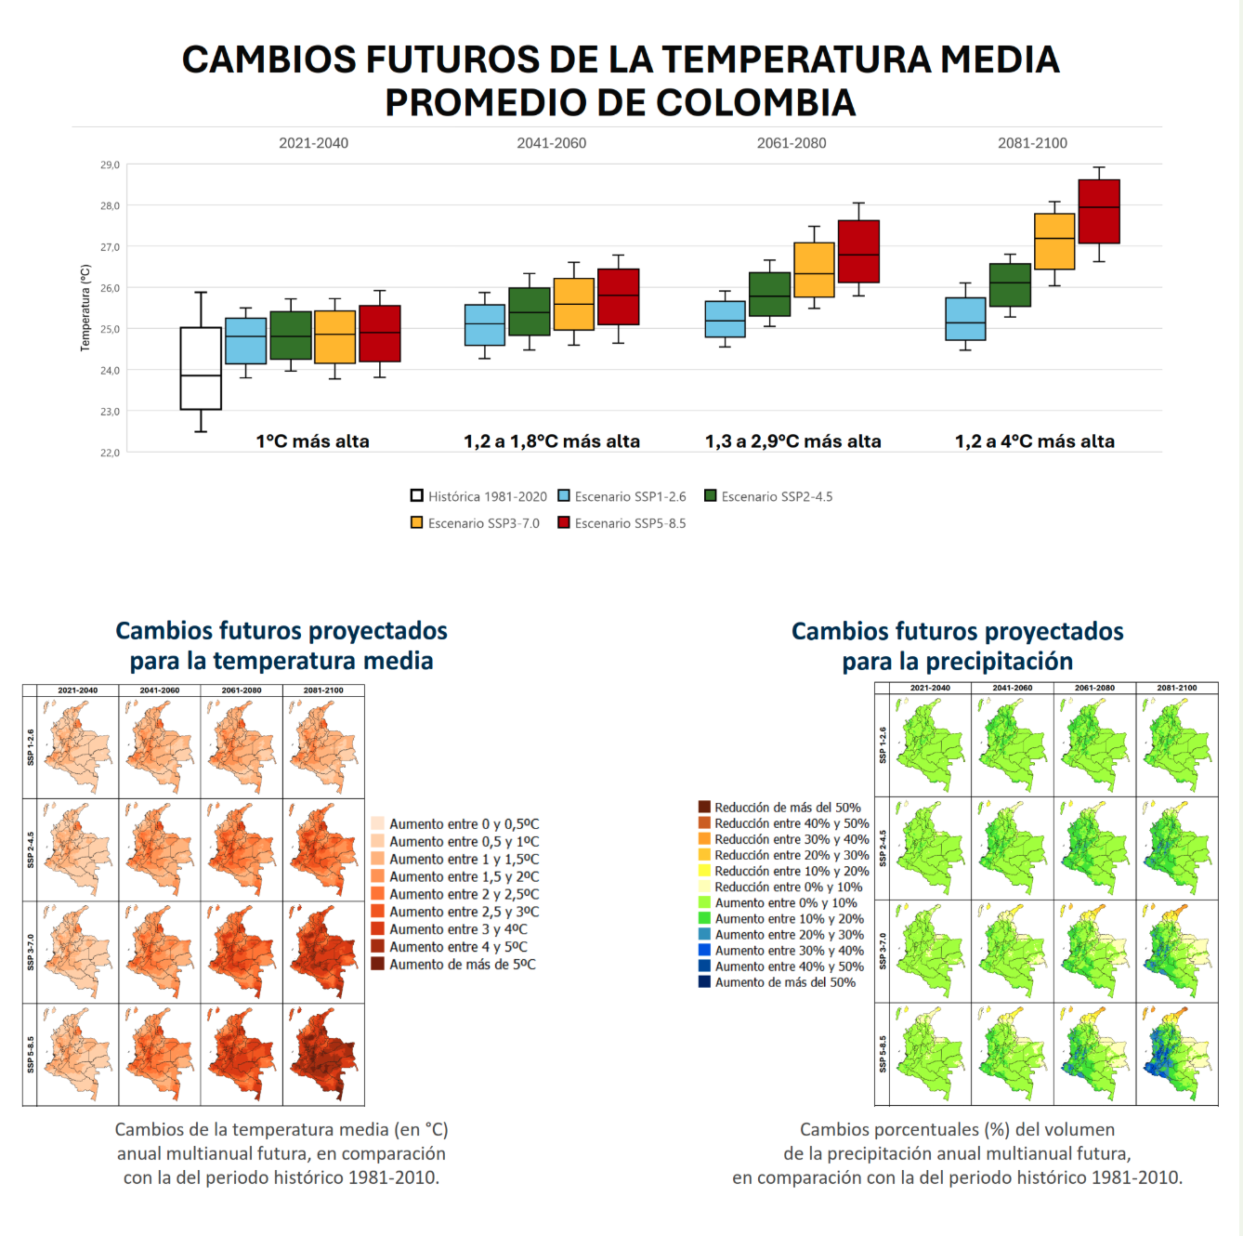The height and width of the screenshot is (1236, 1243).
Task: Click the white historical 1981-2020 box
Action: (x=201, y=368)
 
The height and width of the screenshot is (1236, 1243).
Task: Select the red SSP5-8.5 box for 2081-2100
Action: (x=1099, y=212)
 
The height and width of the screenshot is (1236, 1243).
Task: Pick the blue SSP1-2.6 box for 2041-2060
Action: (x=485, y=325)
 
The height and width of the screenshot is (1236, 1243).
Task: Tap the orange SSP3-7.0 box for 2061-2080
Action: (x=814, y=270)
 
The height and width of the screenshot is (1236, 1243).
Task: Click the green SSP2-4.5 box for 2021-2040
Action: (x=291, y=335)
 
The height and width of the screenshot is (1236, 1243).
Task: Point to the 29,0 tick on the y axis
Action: (x=111, y=164)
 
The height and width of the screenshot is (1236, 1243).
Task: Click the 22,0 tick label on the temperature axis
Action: (x=111, y=453)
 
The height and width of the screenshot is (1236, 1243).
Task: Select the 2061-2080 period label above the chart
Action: (x=792, y=143)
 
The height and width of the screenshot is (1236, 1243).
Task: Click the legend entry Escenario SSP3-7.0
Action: (x=475, y=523)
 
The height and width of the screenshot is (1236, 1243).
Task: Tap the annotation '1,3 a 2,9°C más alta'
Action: (x=792, y=441)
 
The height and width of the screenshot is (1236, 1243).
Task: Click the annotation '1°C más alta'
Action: (x=312, y=441)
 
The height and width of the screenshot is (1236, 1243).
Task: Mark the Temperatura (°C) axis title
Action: (x=85, y=308)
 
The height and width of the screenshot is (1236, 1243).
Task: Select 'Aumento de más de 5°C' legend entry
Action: (x=462, y=965)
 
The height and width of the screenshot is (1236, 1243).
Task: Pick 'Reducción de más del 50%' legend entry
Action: (x=787, y=808)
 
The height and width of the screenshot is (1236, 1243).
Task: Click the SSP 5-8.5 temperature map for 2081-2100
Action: (x=323, y=1055)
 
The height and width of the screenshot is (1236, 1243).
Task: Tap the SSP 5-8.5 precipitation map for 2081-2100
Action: (x=1176, y=1053)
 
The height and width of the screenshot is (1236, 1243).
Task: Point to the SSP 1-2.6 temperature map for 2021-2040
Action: (x=78, y=746)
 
